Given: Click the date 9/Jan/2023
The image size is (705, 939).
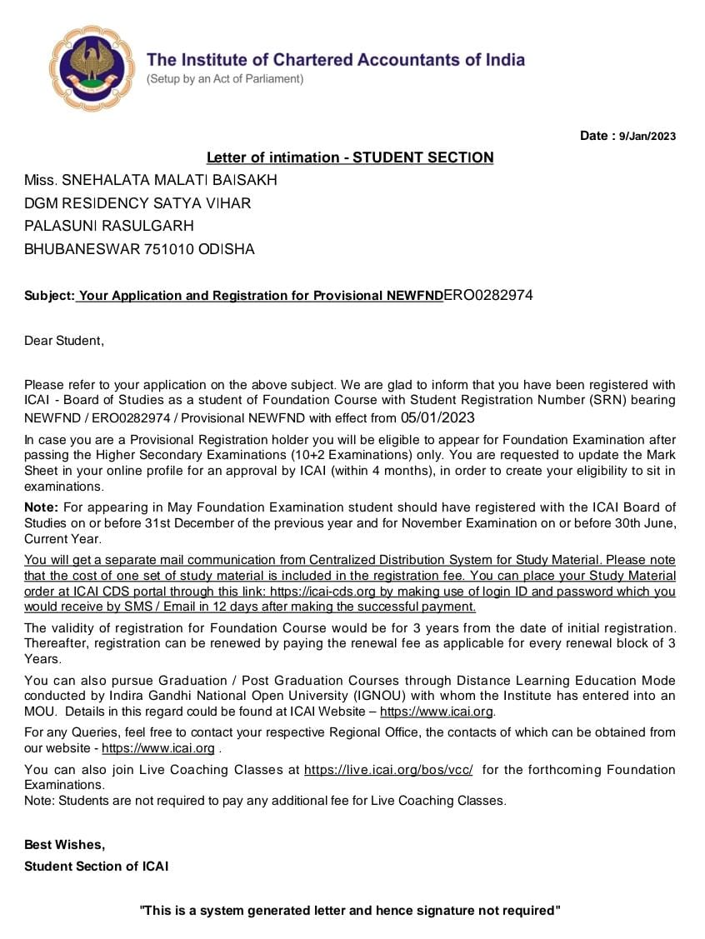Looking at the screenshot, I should [647, 137].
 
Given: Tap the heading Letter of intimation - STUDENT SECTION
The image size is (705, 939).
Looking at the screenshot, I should [350, 157].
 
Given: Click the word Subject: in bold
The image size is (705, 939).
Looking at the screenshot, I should [49, 296].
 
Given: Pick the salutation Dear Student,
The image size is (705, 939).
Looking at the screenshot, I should [64, 341].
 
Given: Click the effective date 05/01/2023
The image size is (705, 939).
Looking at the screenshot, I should [438, 417].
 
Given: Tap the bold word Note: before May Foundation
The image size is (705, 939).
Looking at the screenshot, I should [41, 507].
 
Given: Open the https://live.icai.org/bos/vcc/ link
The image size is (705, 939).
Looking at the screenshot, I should [388, 770].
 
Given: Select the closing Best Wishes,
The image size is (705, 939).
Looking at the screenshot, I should [64, 845].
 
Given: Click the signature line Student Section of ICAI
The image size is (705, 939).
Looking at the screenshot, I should [96, 867].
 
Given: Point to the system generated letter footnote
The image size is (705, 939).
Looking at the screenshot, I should [350, 911].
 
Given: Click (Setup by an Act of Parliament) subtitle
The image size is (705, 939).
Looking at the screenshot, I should [225, 79].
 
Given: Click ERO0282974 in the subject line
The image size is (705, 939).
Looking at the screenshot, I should [488, 295].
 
